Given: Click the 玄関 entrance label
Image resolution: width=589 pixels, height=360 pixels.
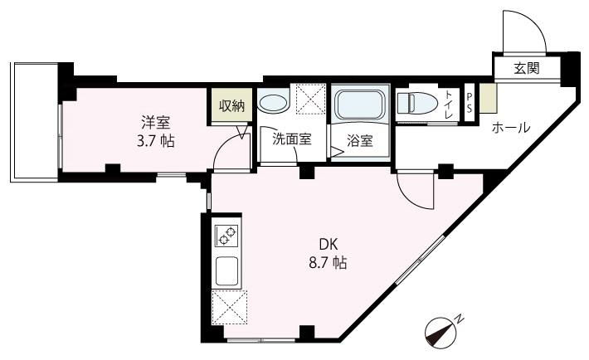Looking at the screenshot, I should click(x=526, y=68).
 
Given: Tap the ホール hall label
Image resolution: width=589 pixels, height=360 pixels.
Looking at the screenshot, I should click(x=511, y=128).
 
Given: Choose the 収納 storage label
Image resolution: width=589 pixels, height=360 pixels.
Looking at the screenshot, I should click(x=231, y=105).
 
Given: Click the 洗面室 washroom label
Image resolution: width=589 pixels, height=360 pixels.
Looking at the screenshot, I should click(x=292, y=139).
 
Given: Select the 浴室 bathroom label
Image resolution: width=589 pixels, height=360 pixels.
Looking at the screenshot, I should click(x=359, y=140).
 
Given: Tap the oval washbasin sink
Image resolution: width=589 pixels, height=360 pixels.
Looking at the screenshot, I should click(x=272, y=104).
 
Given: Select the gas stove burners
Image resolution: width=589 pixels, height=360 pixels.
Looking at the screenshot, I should click(x=226, y=236).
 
